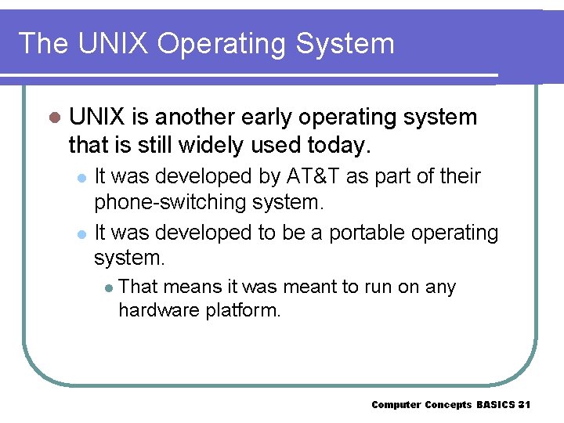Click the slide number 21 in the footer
(525, 405)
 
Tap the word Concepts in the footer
(449, 405)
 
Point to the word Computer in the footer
(396, 405)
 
